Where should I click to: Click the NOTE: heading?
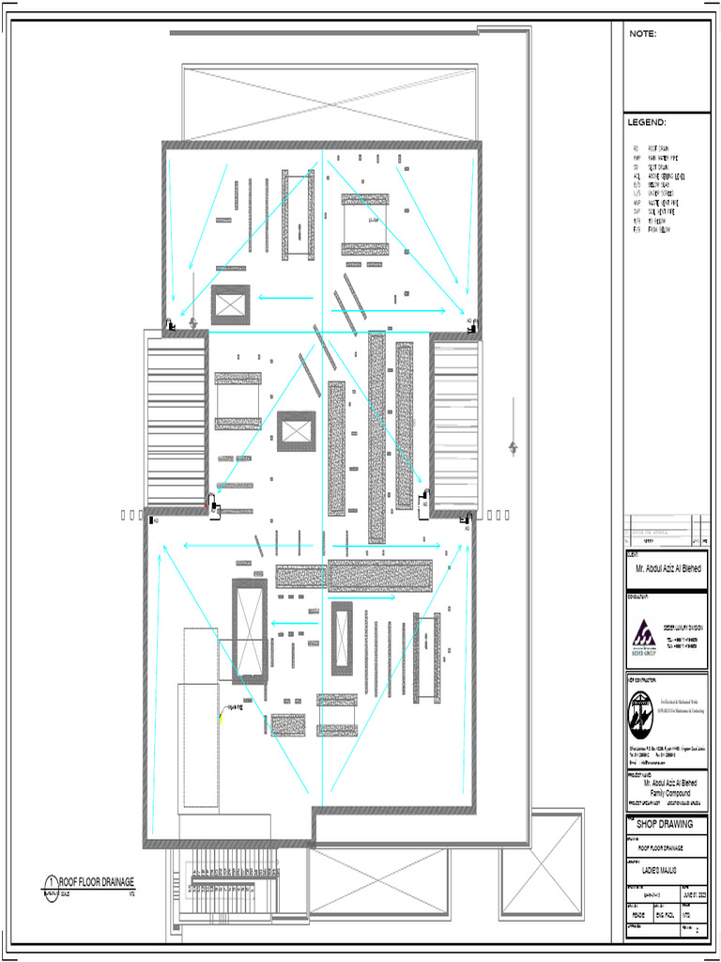[643, 34]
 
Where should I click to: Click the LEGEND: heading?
[647, 123]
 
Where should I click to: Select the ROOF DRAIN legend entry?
[657, 148]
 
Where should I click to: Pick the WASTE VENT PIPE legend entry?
[661, 202]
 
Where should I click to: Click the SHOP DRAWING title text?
[665, 824]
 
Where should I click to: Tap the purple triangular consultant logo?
[644, 633]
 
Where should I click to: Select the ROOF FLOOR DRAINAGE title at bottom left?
[97, 881]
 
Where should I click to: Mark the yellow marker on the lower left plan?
[222, 719]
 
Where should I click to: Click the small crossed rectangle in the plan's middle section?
[296, 430]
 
